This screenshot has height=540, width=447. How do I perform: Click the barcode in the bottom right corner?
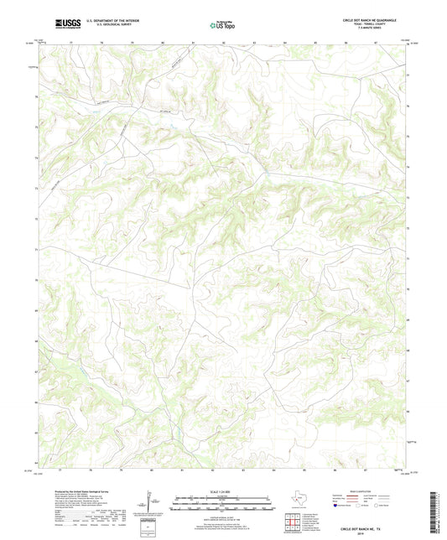(x=433, y=511)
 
